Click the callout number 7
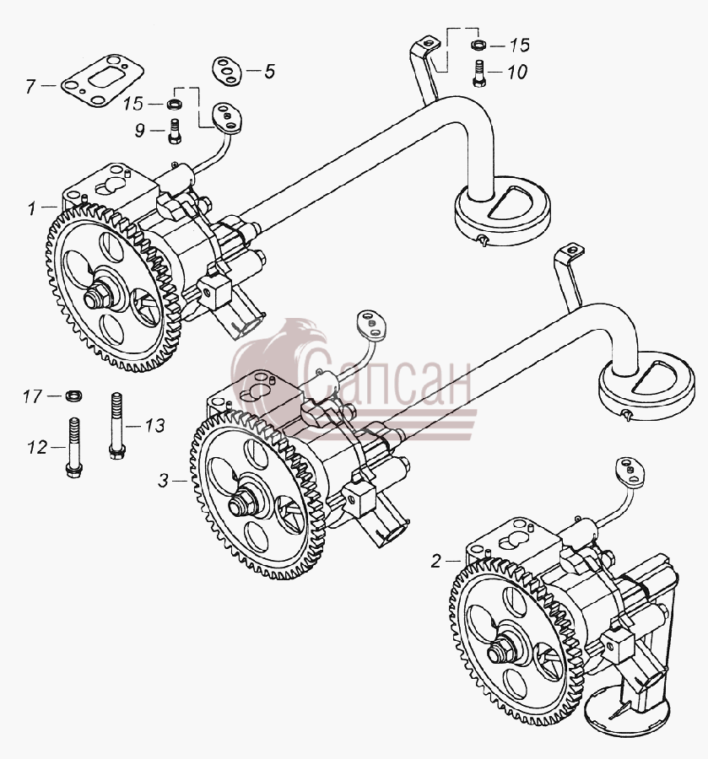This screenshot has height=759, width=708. coord(30,87)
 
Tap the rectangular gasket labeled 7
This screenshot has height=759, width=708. coord(103,80)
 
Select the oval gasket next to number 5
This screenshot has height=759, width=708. coord(226,71)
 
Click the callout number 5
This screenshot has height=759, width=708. coord(270,72)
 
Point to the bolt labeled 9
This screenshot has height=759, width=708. coord(175,132)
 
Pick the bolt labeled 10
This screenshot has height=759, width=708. coord(479,73)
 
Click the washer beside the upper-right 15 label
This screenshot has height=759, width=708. coord(478,46)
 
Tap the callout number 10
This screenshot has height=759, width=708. coord(517,73)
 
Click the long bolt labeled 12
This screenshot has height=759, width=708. coord(73,449)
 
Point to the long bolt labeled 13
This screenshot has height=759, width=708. coord(116,426)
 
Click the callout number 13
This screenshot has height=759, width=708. coord(155,426)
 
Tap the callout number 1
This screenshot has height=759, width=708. coord(31,208)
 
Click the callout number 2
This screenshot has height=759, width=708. coord(436,562)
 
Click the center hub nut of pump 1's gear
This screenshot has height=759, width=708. coord(98,298)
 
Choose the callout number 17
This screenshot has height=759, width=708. coord(32,396)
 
